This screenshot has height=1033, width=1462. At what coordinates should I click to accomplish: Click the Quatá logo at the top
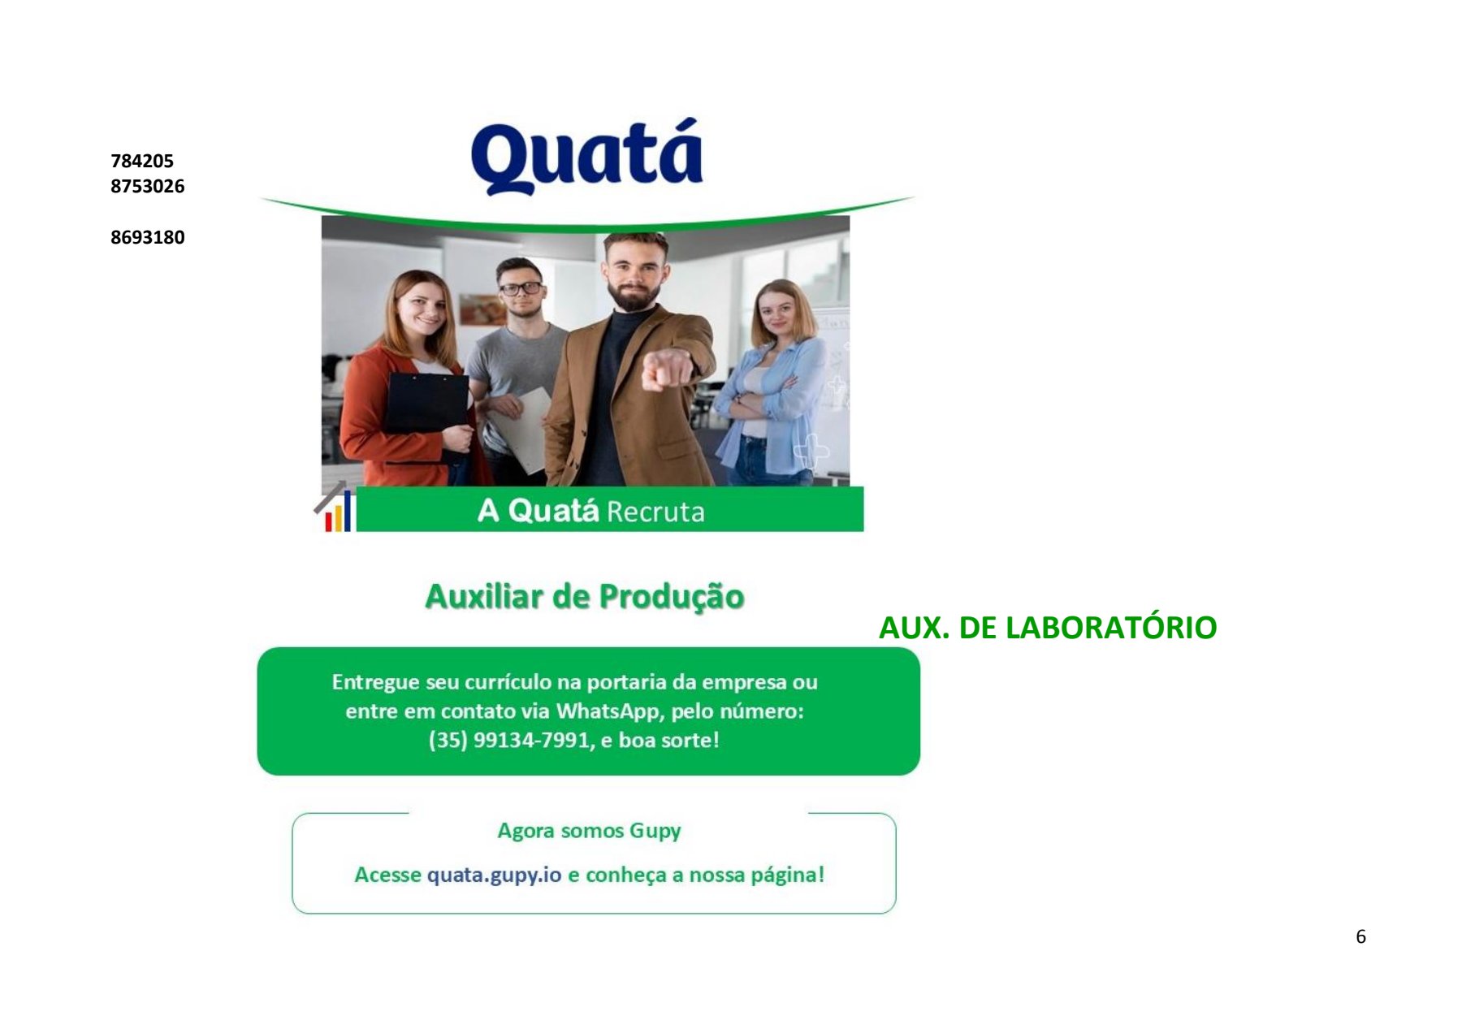pos(586,157)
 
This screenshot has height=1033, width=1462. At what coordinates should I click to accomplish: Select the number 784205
pos(142,161)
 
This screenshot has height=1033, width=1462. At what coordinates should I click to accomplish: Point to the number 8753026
pos(148,186)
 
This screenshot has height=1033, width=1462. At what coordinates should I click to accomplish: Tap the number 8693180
pos(148,237)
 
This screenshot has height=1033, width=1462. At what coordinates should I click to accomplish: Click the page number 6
pos(1360,936)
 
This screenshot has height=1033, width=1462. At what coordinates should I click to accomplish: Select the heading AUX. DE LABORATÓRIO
pos(1048,628)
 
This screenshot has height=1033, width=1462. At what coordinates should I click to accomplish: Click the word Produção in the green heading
pos(672,598)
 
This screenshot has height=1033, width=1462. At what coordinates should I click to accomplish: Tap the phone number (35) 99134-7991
pos(509,741)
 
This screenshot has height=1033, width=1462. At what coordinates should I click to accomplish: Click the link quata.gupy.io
pos(494,875)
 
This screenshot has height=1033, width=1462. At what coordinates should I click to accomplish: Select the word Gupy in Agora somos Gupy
pos(655,832)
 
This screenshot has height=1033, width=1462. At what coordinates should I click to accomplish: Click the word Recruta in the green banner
pos(655,512)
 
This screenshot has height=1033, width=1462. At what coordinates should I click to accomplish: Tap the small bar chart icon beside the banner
pos(335,508)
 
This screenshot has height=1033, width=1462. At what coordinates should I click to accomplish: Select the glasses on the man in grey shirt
pos(521,288)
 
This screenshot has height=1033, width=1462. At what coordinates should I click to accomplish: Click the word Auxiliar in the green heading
pos(484,597)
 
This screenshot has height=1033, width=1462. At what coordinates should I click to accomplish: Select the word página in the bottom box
pos(787,875)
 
